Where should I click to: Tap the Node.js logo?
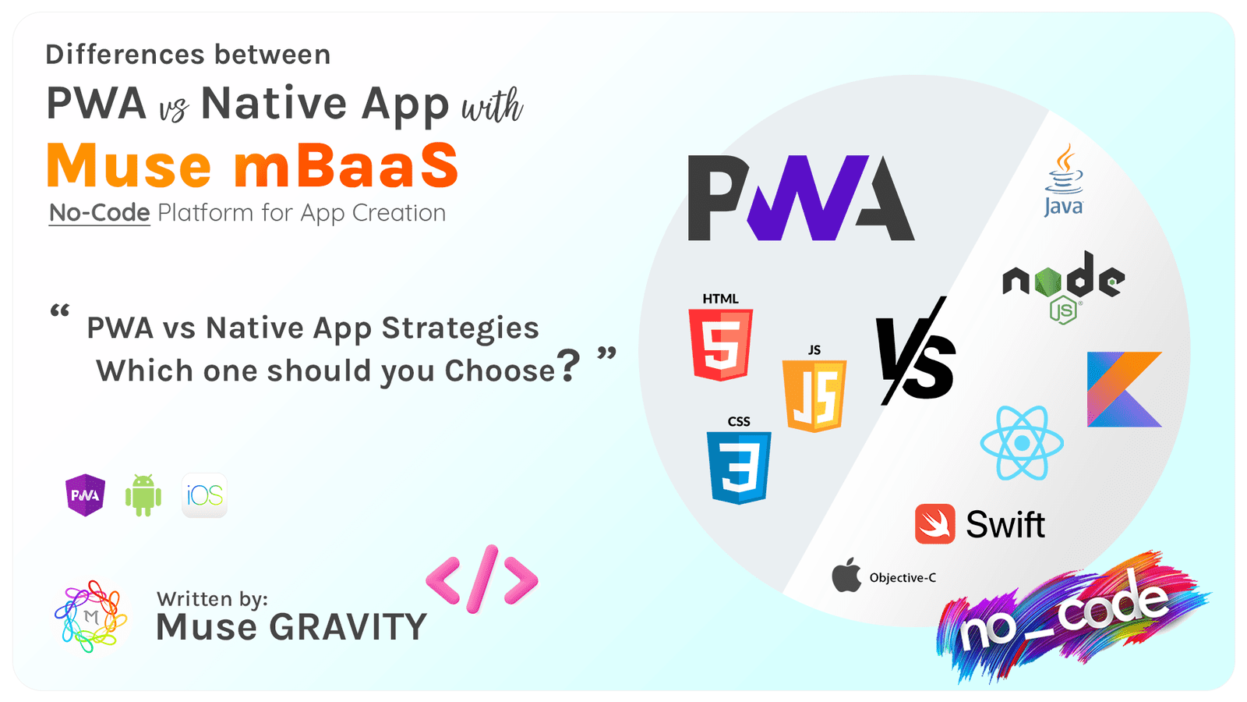pyautogui.click(x=1063, y=285)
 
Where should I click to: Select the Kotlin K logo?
pyautogui.click(x=1124, y=389)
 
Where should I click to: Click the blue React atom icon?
pyautogui.click(x=1022, y=443)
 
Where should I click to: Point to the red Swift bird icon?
pyautogui.click(x=934, y=524)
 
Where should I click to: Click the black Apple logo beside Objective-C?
pyautogui.click(x=846, y=576)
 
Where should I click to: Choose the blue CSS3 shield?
pyautogui.click(x=739, y=467)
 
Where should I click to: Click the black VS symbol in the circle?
pyautogui.click(x=916, y=352)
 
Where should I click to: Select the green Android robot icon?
pyautogui.click(x=143, y=495)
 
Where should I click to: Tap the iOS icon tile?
pyautogui.click(x=204, y=495)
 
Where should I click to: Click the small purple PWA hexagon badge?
pyautogui.click(x=85, y=495)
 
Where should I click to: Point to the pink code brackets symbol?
pyautogui.click(x=482, y=579)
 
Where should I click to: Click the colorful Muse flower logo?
pyautogui.click(x=91, y=616)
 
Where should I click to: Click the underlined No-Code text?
pyautogui.click(x=99, y=213)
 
